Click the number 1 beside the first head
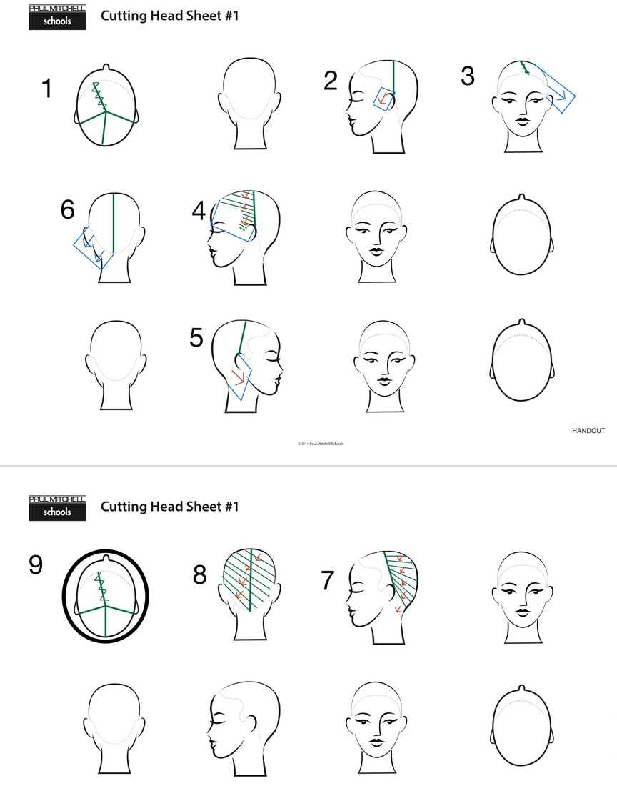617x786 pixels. (47, 88)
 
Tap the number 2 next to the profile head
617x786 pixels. (331, 81)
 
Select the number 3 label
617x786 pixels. (467, 76)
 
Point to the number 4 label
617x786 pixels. (199, 211)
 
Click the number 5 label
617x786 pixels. (196, 338)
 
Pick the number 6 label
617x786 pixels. (68, 209)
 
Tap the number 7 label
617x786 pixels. (328, 580)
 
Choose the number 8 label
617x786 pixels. (200, 575)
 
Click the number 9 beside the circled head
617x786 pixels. (36, 564)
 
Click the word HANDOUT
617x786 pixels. (588, 431)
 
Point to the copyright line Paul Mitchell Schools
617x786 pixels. (321, 444)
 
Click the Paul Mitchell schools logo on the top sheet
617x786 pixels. (57, 18)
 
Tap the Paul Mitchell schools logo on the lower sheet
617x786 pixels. (57, 508)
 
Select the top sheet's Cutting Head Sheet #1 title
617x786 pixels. (170, 16)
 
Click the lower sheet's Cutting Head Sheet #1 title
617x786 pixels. (170, 507)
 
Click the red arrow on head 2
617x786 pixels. (384, 100)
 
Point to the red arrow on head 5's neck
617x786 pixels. (239, 377)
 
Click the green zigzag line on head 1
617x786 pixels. (99, 96)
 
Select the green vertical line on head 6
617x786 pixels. (114, 224)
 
